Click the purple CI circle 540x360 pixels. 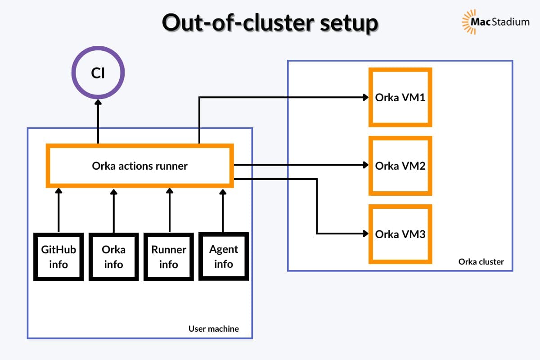tap(98, 73)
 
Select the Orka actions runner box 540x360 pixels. tap(140, 166)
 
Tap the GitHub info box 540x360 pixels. tap(58, 256)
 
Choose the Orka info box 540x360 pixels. tap(113, 256)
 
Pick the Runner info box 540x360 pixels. tap(169, 256)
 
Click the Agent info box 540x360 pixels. tap(224, 256)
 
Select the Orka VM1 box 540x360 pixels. tap(400, 97)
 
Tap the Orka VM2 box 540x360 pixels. tap(400, 166)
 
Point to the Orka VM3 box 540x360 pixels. tap(400, 234)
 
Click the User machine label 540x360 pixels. tap(213, 329)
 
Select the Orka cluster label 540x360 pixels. tap(481, 261)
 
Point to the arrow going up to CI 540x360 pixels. tap(98, 121)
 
